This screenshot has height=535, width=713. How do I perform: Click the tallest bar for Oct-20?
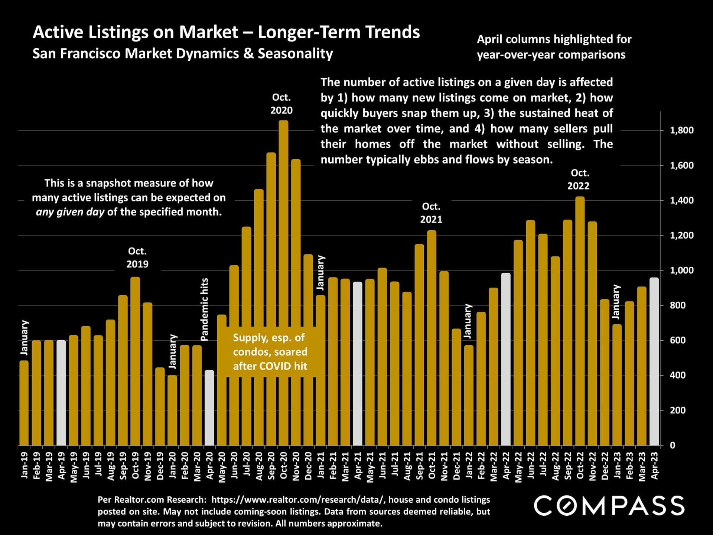[283, 282]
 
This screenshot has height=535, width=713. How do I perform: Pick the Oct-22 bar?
[580, 321]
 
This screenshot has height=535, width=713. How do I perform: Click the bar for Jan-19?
[24, 403]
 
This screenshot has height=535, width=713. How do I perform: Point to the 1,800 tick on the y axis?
[681, 130]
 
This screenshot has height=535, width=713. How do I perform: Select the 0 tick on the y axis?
[672, 445]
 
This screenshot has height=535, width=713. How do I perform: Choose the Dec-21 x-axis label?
[456, 466]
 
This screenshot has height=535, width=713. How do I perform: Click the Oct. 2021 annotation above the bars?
[431, 213]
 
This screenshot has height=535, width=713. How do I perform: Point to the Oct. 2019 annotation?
[137, 257]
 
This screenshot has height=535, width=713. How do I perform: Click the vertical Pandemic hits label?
[204, 309]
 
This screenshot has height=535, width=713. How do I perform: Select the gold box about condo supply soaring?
[270, 352]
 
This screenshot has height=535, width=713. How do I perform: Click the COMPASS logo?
[609, 506]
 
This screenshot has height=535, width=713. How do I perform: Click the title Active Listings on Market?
[226, 32]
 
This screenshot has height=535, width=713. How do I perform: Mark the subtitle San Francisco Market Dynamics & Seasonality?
[183, 54]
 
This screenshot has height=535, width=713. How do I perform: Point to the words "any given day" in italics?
[70, 212]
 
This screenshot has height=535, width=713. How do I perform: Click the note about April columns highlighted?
[554, 47]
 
